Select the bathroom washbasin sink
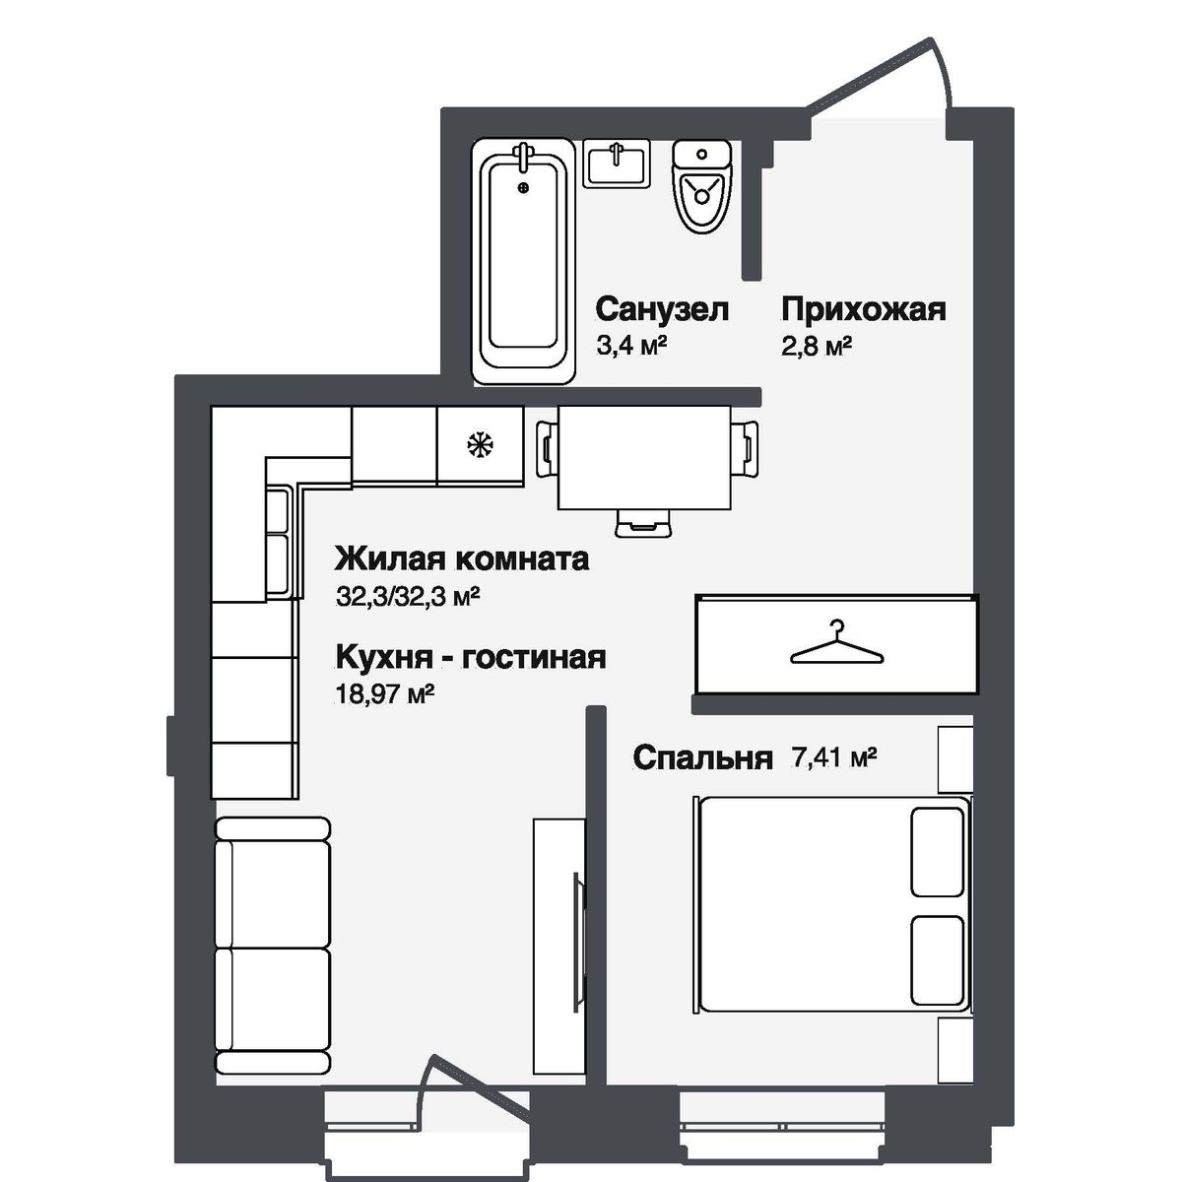[x=617, y=164]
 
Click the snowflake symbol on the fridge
[x=480, y=445]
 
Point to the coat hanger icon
[x=836, y=644]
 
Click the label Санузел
[x=662, y=309]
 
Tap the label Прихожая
[x=863, y=309]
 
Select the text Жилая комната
[x=462, y=558]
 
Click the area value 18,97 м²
[x=385, y=693]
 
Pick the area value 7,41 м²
[x=834, y=757]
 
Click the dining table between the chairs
[x=645, y=458]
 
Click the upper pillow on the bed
[x=936, y=852]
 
